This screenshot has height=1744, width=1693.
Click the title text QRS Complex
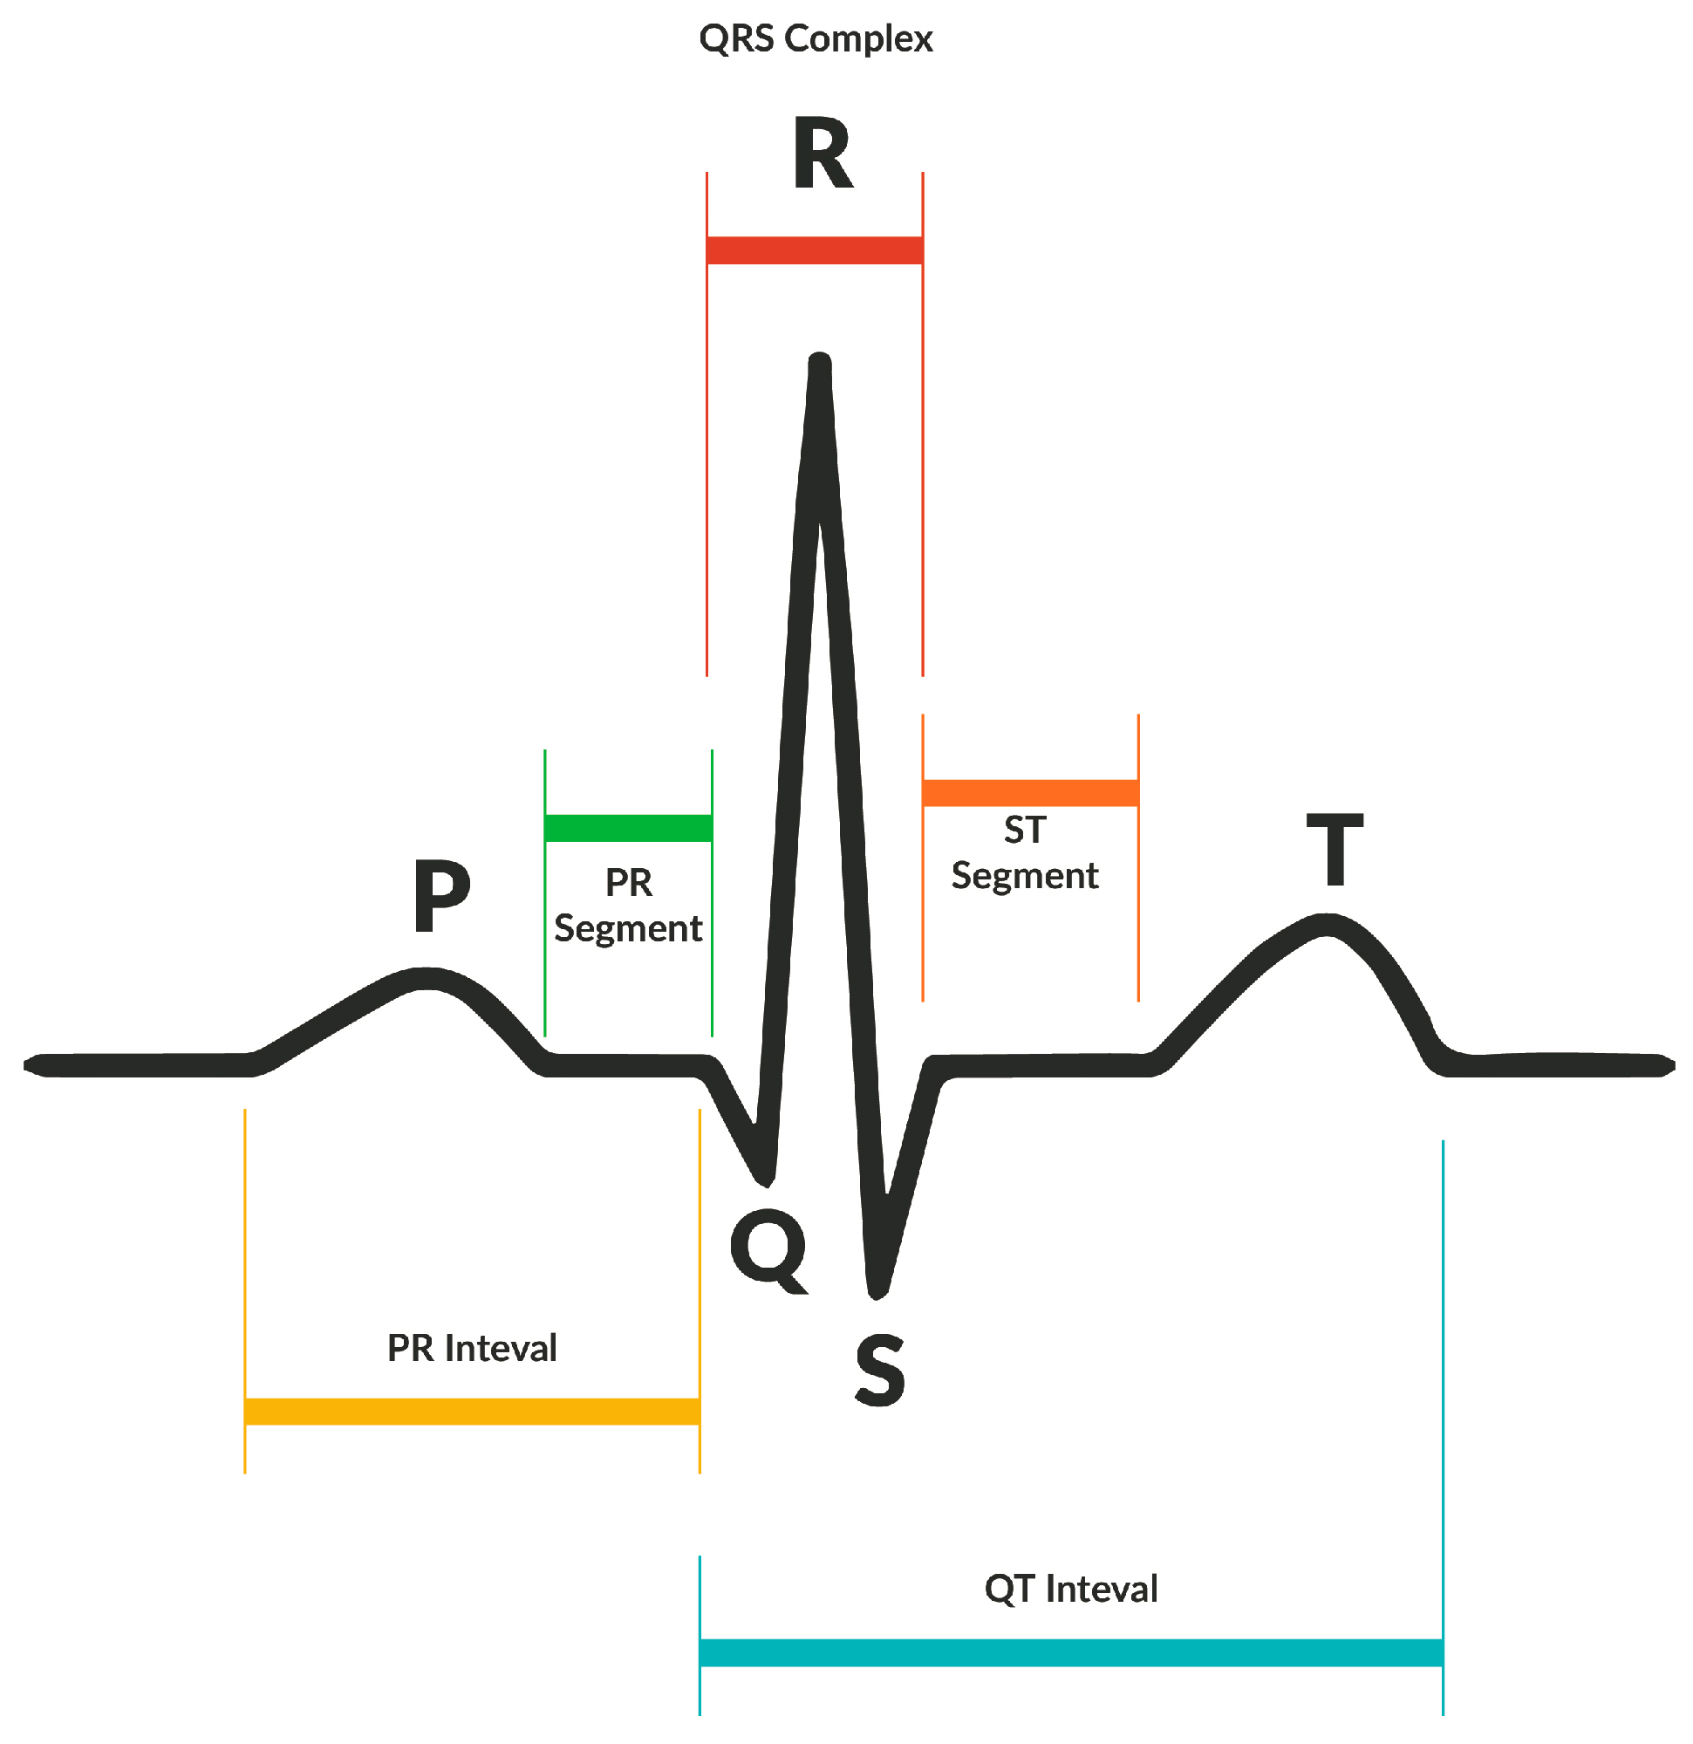(815, 39)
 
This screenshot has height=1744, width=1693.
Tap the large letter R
(823, 153)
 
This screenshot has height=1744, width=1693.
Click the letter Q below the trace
(768, 1250)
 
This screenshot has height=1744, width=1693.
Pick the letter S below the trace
(880, 1371)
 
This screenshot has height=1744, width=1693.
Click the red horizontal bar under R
(814, 250)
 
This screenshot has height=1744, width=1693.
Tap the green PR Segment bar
(628, 828)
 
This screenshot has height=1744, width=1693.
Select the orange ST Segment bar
(1030, 793)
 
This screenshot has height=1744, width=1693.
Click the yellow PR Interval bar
(472, 1412)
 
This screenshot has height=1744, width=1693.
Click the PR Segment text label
(628, 905)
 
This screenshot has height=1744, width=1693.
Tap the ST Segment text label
(1025, 852)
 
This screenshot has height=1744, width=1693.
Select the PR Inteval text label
(472, 1348)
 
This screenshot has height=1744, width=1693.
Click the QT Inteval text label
(1071, 1589)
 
